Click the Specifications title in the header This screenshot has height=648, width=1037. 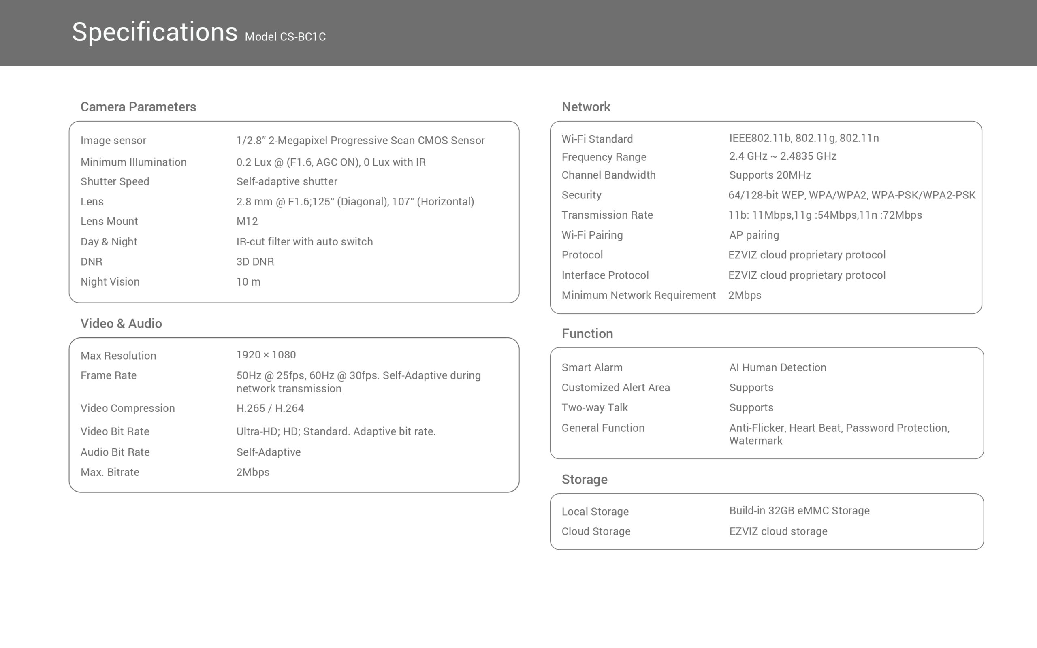click(x=154, y=32)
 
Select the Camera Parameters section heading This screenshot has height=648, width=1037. click(x=138, y=107)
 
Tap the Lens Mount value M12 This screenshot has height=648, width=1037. click(x=247, y=221)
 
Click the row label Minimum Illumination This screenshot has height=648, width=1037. click(x=133, y=162)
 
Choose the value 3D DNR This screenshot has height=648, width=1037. click(x=255, y=262)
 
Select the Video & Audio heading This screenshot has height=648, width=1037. click(x=121, y=323)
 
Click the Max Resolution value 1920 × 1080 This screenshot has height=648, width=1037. click(x=266, y=355)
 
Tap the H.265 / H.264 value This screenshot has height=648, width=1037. click(x=270, y=408)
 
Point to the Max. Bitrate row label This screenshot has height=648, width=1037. click(x=110, y=472)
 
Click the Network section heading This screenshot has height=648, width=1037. click(x=586, y=107)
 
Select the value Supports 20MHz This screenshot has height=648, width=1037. click(x=770, y=175)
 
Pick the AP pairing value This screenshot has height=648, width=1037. click(x=754, y=235)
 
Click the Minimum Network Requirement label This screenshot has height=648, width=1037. click(x=638, y=295)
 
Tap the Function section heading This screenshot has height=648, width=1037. click(x=587, y=333)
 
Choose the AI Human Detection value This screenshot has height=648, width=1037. click(x=777, y=367)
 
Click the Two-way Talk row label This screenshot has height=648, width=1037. click(x=594, y=407)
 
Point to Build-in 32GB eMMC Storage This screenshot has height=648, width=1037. click(x=799, y=510)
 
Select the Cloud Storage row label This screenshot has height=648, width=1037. click(x=595, y=531)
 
